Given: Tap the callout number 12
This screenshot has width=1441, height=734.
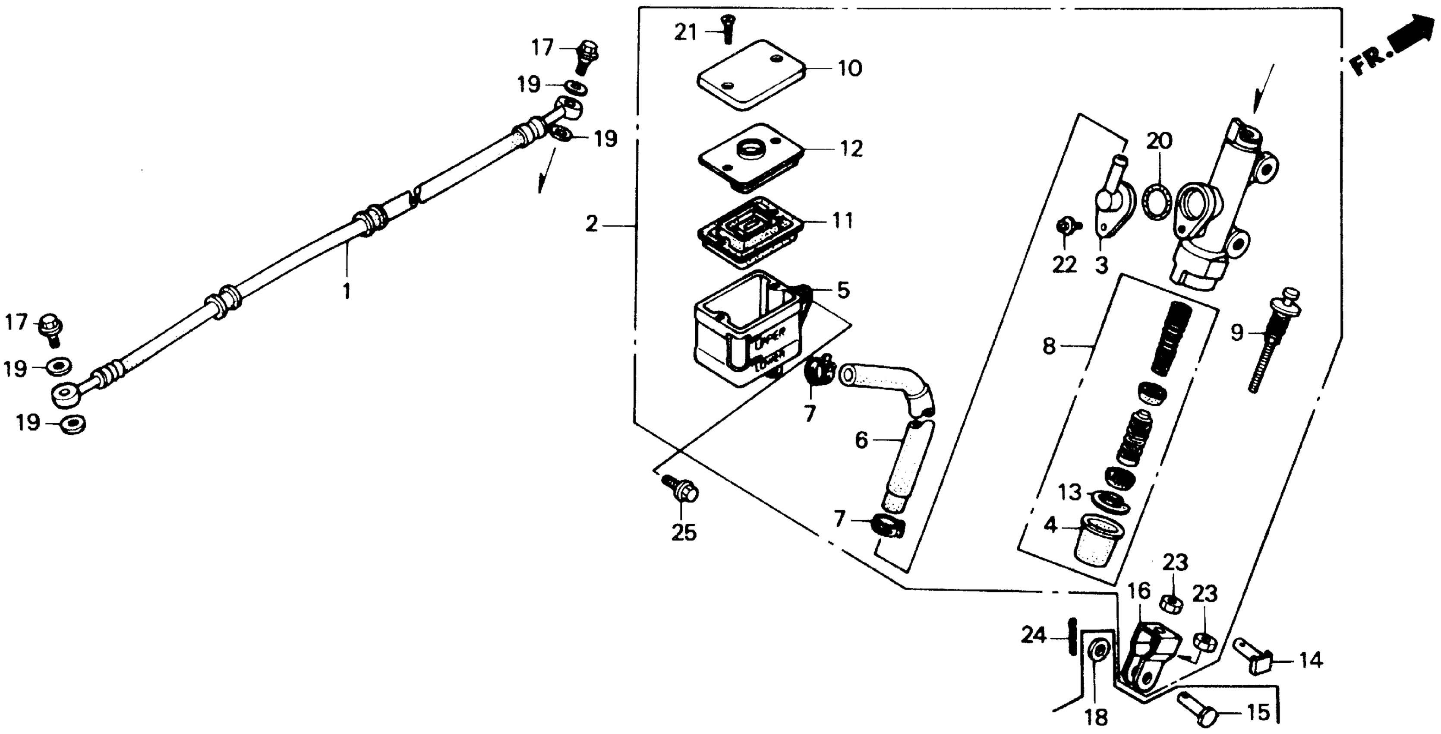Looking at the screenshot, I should tap(851, 149).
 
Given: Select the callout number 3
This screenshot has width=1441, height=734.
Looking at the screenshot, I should tap(1101, 264).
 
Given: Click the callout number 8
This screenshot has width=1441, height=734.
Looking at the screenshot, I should tap(1050, 346).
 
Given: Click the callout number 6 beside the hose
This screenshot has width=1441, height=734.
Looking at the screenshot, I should tap(861, 440).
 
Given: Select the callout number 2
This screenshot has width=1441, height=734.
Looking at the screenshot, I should tap(592, 225).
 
